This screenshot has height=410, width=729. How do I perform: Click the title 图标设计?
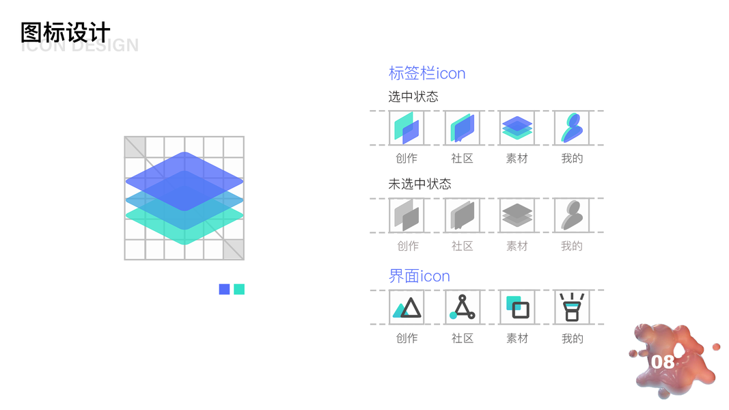pyautogui.click(x=66, y=32)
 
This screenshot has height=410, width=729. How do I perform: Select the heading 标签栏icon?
pyautogui.click(x=427, y=73)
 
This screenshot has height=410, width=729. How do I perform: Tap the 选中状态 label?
pyautogui.click(x=413, y=97)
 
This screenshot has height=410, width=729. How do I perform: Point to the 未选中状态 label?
pyautogui.click(x=419, y=184)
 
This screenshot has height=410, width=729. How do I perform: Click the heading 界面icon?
pyautogui.click(x=419, y=276)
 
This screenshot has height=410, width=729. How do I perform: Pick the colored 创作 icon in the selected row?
pyautogui.click(x=407, y=128)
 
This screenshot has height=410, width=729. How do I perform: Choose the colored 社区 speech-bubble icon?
pyautogui.click(x=462, y=128)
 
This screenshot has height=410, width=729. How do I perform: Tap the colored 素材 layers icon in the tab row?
pyautogui.click(x=517, y=128)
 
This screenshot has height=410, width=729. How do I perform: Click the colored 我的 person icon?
pyautogui.click(x=572, y=128)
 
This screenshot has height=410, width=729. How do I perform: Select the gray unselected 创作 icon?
pyautogui.click(x=407, y=215)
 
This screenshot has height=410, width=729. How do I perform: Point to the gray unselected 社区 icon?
pyautogui.click(x=462, y=215)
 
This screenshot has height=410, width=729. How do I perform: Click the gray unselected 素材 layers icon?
pyautogui.click(x=517, y=215)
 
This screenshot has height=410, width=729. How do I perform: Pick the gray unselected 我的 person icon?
pyautogui.click(x=572, y=215)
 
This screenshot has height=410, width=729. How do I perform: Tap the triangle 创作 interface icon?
pyautogui.click(x=407, y=308)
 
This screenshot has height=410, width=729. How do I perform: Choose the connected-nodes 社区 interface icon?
pyautogui.click(x=463, y=307)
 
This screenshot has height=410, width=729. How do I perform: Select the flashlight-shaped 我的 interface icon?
pyautogui.click(x=571, y=307)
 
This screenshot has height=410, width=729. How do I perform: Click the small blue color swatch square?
pyautogui.click(x=224, y=289)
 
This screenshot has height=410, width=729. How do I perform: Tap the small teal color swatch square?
pyautogui.click(x=239, y=289)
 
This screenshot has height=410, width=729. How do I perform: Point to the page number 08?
pyautogui.click(x=662, y=361)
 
